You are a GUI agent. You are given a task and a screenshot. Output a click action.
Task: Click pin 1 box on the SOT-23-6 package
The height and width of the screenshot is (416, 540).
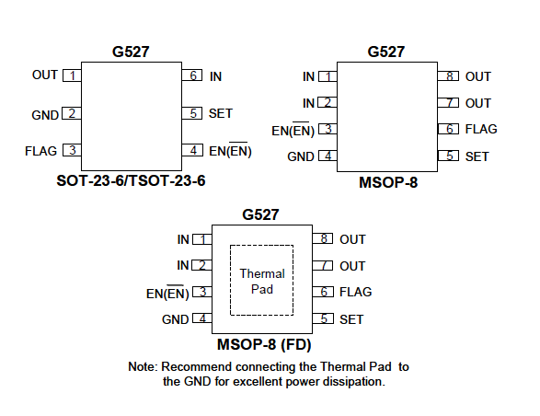click(72, 75)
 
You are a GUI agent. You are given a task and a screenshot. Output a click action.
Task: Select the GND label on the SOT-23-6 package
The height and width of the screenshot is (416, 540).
click(45, 115)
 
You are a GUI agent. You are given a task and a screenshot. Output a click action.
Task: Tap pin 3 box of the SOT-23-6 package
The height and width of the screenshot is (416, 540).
click(72, 150)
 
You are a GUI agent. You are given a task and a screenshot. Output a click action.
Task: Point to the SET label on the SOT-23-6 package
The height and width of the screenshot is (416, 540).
click(221, 113)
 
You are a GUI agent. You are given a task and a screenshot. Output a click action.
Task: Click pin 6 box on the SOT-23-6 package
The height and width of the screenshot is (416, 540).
click(192, 75)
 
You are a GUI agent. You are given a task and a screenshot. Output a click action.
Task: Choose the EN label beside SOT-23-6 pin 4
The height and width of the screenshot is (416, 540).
click(230, 150)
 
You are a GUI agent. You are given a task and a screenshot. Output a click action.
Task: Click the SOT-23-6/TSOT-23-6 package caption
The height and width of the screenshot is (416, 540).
click(131, 180)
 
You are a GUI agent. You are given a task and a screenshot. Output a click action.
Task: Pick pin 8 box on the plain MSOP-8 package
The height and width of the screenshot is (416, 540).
click(448, 75)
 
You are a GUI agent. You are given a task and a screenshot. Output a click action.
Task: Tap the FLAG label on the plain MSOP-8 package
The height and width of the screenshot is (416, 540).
click(481, 129)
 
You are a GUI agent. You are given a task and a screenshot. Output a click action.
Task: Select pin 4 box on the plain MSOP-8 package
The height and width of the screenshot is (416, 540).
click(327, 156)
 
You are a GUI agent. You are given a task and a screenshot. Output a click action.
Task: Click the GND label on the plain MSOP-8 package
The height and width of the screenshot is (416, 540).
click(301, 156)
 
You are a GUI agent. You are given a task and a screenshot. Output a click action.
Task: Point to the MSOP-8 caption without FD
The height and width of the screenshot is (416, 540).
click(388, 182)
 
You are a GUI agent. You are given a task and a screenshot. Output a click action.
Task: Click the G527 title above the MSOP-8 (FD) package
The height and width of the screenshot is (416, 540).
click(260, 214)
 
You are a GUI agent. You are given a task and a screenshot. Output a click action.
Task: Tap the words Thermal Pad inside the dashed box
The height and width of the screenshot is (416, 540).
click(262, 282)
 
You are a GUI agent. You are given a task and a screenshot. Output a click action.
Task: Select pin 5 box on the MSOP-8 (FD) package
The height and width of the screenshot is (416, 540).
click(323, 318)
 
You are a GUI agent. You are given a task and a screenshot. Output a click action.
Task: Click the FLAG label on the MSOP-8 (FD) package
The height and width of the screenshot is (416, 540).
click(356, 293)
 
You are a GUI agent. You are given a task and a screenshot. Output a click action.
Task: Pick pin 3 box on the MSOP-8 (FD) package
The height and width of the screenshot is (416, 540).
click(202, 292)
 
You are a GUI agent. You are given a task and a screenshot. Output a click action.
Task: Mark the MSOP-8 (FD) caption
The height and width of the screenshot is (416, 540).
click(264, 344)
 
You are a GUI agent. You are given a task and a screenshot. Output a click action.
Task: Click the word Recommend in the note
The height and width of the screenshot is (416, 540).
click(196, 366)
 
